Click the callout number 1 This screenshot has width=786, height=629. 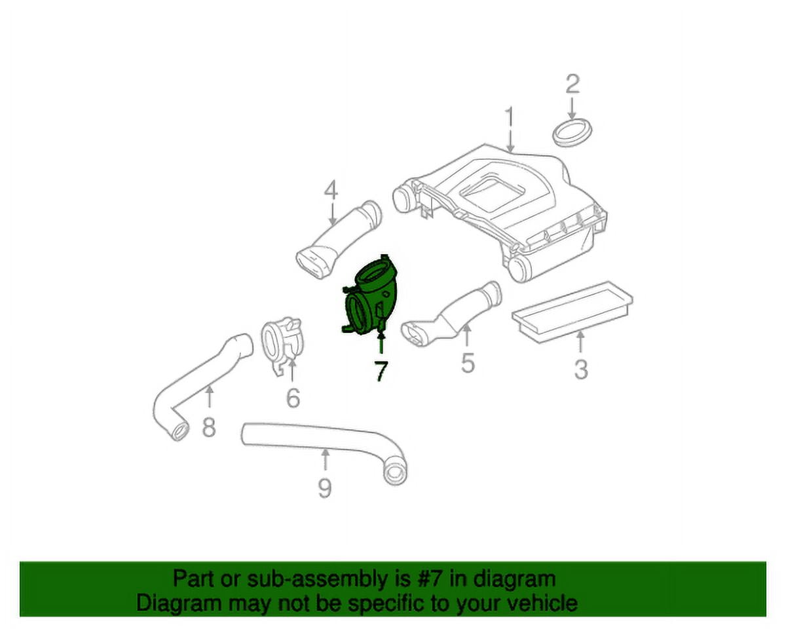(509, 117)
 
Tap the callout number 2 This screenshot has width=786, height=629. (572, 84)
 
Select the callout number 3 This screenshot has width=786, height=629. (581, 370)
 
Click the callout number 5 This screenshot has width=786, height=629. (468, 363)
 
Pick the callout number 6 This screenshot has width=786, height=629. (293, 398)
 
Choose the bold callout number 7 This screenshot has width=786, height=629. (381, 371)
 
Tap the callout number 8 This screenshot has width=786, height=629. (209, 427)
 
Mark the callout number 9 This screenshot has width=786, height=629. (324, 488)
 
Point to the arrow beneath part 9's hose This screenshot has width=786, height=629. (325, 459)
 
